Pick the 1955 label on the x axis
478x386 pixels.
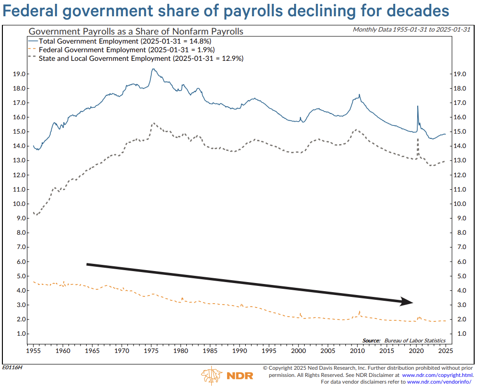pyautogui.click(x=33, y=351)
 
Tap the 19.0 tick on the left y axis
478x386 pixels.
pyautogui.click(x=19, y=74)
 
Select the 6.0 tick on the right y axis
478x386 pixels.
pyautogui.click(x=459, y=261)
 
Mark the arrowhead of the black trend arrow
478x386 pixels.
pyautogui.click(x=407, y=302)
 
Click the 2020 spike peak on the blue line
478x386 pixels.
pyautogui.click(x=418, y=106)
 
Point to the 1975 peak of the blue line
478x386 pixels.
pyautogui.click(x=153, y=69)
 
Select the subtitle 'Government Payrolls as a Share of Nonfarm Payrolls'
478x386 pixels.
pyautogui.click(x=136, y=31)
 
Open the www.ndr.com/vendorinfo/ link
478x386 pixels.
pyautogui.click(x=440, y=382)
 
